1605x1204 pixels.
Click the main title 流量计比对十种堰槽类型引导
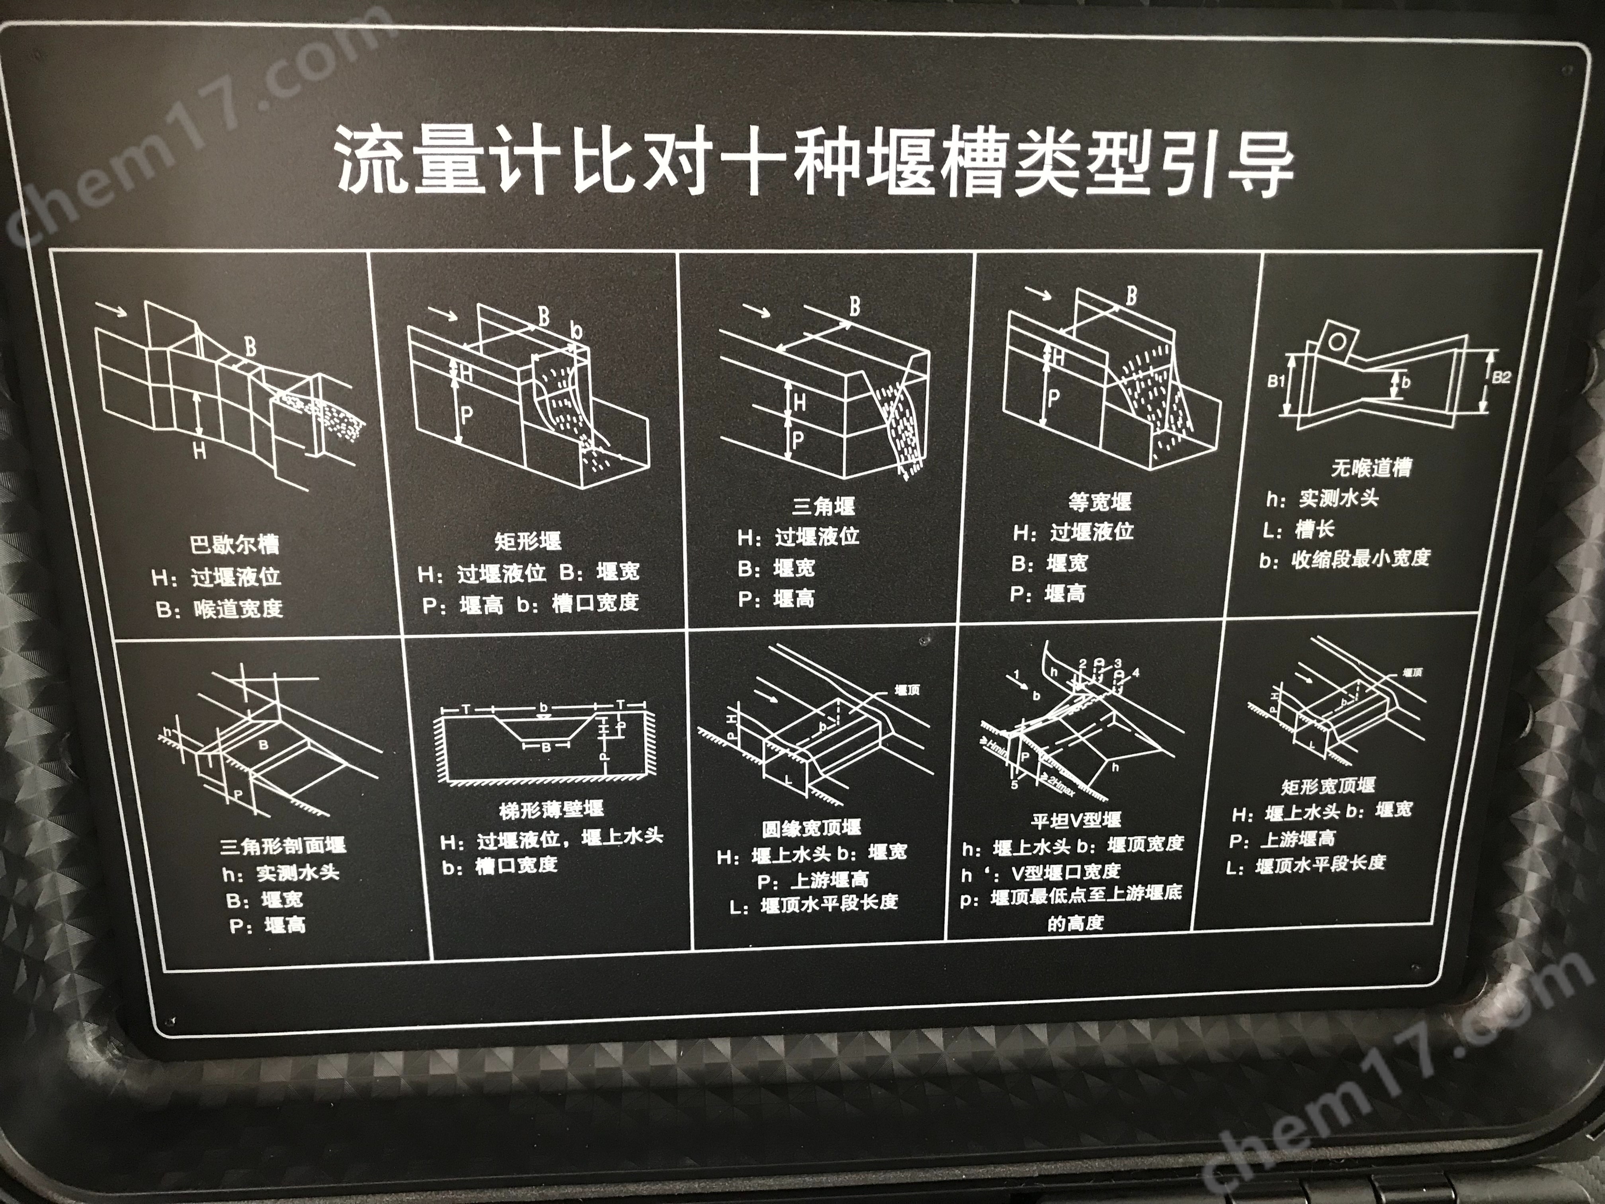pos(813,163)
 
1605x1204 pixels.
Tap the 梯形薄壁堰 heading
pos(551,809)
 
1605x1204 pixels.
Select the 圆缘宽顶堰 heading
pos(811,828)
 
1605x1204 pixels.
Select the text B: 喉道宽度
pos(219,608)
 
